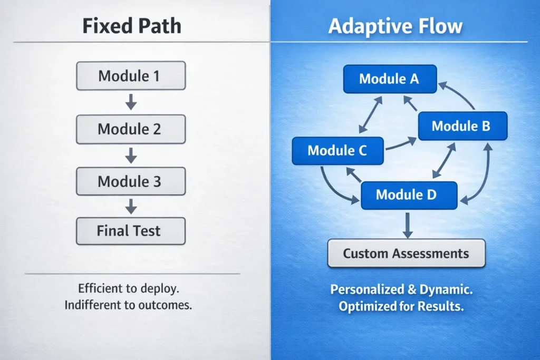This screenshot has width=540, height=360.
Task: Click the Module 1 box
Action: pos(131,75)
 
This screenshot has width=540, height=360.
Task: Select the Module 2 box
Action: pos(131,129)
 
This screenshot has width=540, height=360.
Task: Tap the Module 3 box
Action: pos(131,182)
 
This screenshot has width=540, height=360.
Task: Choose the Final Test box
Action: pos(131,231)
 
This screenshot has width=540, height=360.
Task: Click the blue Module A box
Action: pos(389,79)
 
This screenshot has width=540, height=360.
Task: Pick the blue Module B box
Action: pos(462,126)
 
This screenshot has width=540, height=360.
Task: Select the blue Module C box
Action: pos(337,151)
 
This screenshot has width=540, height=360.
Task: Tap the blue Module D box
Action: pos(407,194)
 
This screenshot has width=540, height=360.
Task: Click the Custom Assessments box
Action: pos(406,254)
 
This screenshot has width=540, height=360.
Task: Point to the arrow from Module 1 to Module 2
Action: pos(131,102)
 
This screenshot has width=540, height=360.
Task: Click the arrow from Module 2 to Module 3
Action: pos(131,155)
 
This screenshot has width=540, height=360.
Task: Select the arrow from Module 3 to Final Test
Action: pos(131,206)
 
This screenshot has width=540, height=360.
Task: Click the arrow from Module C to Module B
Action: pos(400,144)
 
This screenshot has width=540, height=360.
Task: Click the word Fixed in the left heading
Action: pos(100,26)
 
